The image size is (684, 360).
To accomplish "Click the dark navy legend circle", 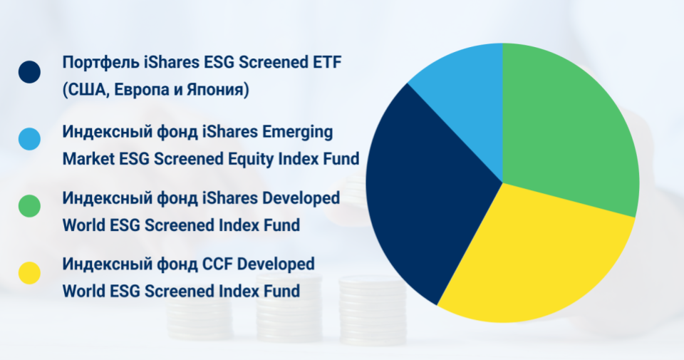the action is [x=29, y=72].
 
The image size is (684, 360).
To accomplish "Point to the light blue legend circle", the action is [x=29, y=139].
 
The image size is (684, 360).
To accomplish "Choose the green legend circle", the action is [x=29, y=206].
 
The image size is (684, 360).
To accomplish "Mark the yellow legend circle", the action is [x=29, y=273].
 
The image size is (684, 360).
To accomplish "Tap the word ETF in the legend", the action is [x=327, y=63].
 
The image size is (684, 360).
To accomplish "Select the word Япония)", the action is [x=218, y=90].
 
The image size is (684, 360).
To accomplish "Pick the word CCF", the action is [x=218, y=264].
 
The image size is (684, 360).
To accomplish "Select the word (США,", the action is [x=86, y=90].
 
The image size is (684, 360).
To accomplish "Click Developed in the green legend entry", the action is [x=301, y=199].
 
